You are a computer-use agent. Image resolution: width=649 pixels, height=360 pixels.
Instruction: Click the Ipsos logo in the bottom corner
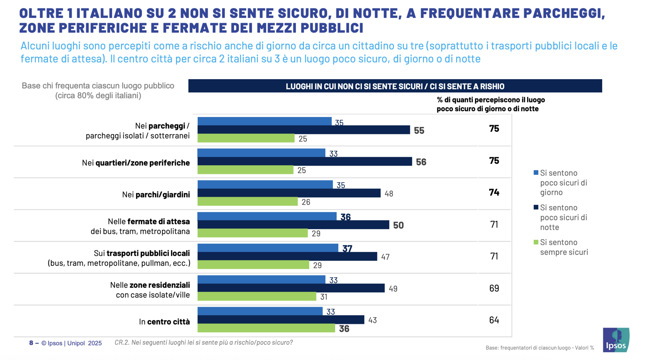[x=616, y=340]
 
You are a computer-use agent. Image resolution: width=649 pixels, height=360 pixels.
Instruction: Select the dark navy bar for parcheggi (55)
[x=303, y=130]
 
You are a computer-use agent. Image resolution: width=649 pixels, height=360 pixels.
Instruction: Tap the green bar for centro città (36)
[x=266, y=328]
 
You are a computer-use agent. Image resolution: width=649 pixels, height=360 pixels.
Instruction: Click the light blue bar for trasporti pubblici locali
[x=268, y=248]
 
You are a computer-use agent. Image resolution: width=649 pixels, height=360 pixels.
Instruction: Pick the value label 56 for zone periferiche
[x=421, y=162]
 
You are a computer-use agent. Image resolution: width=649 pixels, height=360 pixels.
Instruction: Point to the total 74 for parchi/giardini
[x=494, y=192]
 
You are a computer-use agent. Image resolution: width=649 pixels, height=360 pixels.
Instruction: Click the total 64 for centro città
[x=494, y=320]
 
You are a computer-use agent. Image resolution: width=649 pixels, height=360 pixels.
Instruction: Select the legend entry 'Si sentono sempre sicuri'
[x=564, y=247]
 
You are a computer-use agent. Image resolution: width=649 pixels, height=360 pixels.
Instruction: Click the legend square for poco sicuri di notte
[x=536, y=207]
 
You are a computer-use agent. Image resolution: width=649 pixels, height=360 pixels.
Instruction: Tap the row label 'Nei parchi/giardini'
[x=156, y=195]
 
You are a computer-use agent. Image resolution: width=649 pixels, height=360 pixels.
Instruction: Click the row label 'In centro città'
[x=164, y=322]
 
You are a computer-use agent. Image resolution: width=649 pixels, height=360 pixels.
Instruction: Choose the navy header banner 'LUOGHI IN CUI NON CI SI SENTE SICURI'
[x=395, y=86]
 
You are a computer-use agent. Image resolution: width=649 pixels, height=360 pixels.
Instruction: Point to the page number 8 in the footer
[x=31, y=343]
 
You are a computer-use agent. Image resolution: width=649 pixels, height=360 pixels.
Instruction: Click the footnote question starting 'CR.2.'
[x=203, y=342]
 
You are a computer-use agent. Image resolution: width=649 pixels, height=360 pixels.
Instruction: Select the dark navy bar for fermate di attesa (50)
[x=293, y=225]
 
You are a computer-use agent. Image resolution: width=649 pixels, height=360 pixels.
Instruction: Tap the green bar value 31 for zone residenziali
[x=324, y=297]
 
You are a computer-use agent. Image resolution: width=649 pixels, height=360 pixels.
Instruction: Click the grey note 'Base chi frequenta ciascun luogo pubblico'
[x=98, y=86]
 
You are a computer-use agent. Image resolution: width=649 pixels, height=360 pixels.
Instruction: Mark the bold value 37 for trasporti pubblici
[x=347, y=249]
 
